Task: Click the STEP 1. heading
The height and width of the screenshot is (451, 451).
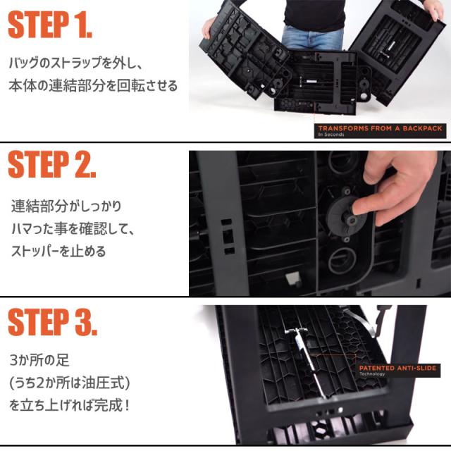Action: (x=50, y=25)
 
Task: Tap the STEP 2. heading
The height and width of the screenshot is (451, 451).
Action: (x=51, y=164)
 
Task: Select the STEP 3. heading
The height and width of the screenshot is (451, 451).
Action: (x=52, y=322)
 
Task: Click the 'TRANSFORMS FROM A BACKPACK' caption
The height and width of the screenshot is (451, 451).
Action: (x=380, y=128)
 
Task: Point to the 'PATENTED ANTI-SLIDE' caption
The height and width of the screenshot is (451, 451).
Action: (x=397, y=368)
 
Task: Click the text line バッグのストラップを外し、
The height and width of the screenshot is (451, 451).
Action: (x=76, y=63)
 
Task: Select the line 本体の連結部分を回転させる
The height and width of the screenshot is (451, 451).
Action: (x=93, y=86)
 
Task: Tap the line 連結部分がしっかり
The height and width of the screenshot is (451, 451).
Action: (x=66, y=206)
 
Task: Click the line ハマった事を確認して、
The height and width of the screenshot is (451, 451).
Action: (x=73, y=229)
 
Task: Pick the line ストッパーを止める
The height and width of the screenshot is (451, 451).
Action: (x=58, y=251)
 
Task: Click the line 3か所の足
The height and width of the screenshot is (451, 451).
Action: (x=39, y=360)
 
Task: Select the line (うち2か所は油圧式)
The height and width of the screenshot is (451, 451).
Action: (x=70, y=383)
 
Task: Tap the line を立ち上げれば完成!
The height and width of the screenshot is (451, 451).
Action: (x=70, y=405)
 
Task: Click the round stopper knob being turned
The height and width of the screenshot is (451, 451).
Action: (x=347, y=218)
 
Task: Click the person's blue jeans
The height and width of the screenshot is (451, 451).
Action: (x=312, y=37)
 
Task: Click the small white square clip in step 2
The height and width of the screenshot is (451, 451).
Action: (x=292, y=278)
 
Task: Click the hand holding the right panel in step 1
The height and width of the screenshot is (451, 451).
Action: (x=431, y=8)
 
